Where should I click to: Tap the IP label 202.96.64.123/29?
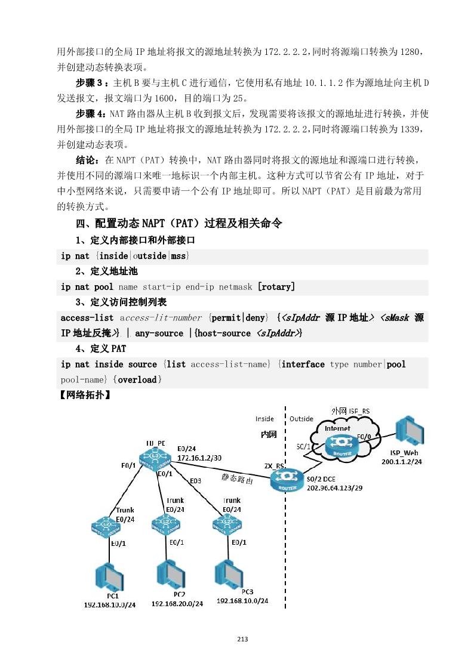coord(333,487)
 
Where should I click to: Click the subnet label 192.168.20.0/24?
coord(177,603)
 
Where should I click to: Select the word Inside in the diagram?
coord(264,419)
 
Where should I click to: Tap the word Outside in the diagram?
coord(301,419)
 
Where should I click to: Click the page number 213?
coord(242,639)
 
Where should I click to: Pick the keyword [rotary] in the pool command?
coord(276,287)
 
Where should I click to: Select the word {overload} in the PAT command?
coord(137,379)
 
